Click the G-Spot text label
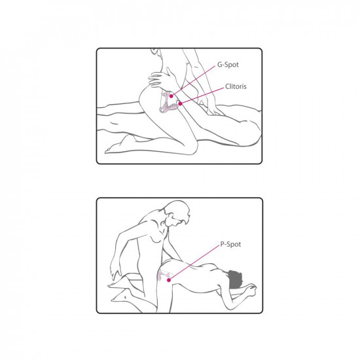tap(228, 65)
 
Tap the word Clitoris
tap(236, 86)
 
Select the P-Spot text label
tap(230, 244)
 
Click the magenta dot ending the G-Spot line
tap(171, 96)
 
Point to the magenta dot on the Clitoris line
tap(181, 103)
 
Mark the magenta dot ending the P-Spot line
tap(169, 280)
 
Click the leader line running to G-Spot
tap(194, 81)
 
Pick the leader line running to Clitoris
tap(202, 96)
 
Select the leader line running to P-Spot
tap(194, 262)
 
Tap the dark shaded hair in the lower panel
tap(234, 279)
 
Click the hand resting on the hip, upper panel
tap(161, 79)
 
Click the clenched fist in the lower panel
tap(251, 290)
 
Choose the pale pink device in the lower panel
tap(164, 275)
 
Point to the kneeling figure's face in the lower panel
tap(175, 219)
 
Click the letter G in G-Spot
tap(219, 65)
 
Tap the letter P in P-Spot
tap(222, 244)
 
